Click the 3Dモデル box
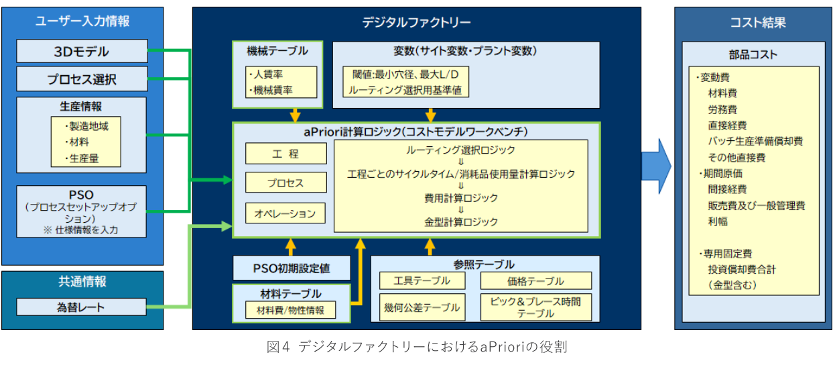point(82,51)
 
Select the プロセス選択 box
point(82,78)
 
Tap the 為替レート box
point(81,307)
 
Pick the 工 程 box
point(285,154)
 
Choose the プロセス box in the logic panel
point(285,182)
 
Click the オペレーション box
point(285,213)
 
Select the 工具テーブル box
point(424,280)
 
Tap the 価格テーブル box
point(535,280)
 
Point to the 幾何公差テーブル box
point(424,307)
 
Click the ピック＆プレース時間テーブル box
point(535,307)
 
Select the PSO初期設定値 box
point(292,268)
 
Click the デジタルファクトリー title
point(416,22)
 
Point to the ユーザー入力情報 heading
point(82,21)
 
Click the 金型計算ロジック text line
point(461,221)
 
